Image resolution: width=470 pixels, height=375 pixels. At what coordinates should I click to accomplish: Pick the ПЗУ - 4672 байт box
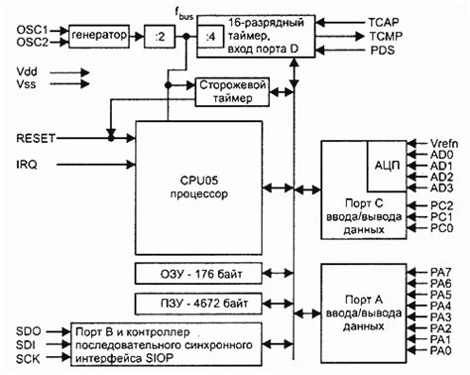[198, 303]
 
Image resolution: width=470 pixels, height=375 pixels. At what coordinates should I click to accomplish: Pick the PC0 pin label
[444, 229]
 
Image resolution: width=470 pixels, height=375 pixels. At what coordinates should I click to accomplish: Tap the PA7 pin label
[443, 271]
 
